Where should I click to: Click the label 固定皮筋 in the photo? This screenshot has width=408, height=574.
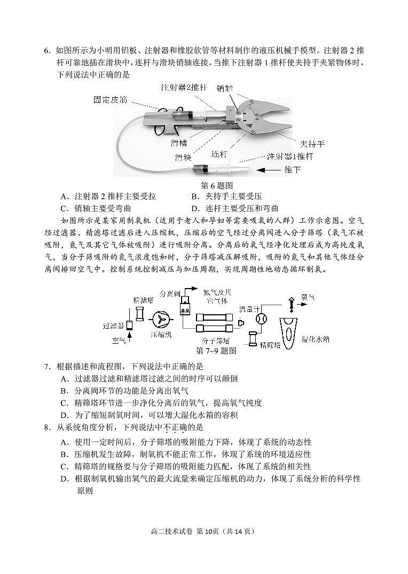111,99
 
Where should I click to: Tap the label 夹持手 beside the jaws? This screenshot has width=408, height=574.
312,144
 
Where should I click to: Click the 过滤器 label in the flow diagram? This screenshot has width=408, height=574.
114,324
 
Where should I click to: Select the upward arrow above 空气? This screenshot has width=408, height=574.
130,336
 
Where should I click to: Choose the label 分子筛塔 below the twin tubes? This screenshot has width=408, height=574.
215,340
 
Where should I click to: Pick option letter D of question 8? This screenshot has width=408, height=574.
64,479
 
